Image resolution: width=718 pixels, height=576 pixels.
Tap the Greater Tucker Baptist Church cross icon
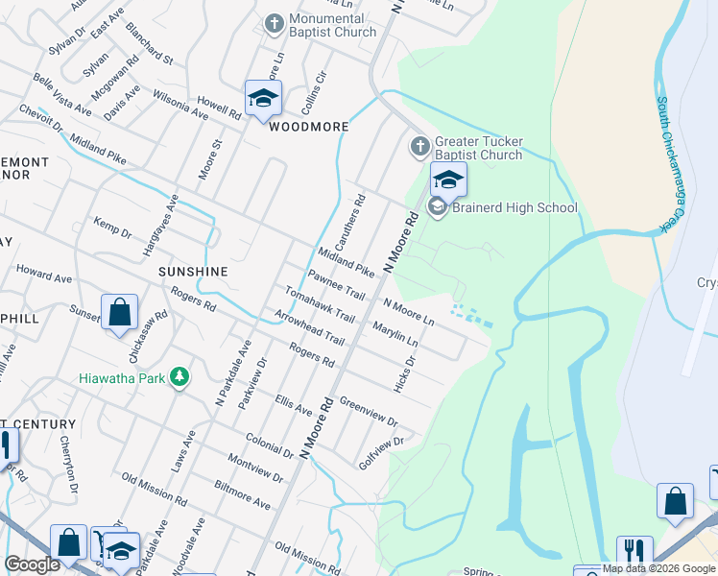[x=419, y=147]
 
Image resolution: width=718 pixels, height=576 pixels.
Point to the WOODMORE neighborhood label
[x=307, y=126]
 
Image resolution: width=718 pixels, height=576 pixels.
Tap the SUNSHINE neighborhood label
[x=193, y=272]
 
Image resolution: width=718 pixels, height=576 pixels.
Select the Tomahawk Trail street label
[x=320, y=305]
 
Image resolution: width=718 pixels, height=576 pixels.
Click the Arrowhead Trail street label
[x=308, y=326]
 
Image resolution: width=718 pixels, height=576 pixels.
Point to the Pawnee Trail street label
[x=336, y=285]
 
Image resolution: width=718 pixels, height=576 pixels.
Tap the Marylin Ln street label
[x=395, y=332]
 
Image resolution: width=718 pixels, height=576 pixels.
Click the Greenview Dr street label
[x=369, y=412]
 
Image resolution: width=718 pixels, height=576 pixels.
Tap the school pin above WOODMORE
[x=263, y=98]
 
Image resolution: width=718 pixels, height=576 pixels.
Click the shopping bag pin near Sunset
[x=119, y=312]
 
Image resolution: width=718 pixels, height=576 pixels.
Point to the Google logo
[x=32, y=564]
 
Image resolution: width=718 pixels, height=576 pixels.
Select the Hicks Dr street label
[x=404, y=374]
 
